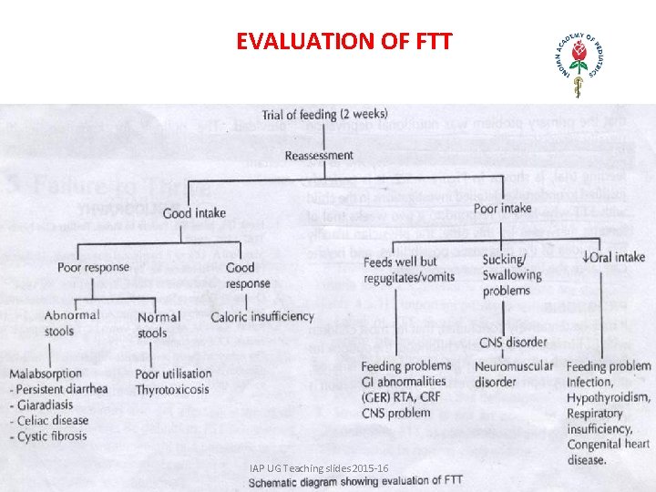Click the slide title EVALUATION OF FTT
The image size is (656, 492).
(343, 41)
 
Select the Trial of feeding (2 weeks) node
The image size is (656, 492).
(324, 114)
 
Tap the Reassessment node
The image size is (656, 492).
(319, 155)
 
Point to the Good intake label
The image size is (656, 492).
(194, 213)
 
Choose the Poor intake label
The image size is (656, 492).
(502, 208)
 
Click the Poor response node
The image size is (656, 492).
(93, 268)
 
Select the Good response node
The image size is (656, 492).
(247, 275)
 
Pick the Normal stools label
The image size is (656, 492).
(159, 324)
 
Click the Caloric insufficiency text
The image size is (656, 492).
(261, 316)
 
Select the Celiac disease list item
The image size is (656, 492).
(52, 420)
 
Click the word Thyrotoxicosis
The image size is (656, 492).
(171, 389)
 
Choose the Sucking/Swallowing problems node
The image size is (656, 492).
(512, 274)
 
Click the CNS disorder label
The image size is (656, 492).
(514, 342)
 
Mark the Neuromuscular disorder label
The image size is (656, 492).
(514, 374)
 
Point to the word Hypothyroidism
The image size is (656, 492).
(608, 397)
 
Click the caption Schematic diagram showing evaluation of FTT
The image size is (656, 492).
(355, 480)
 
